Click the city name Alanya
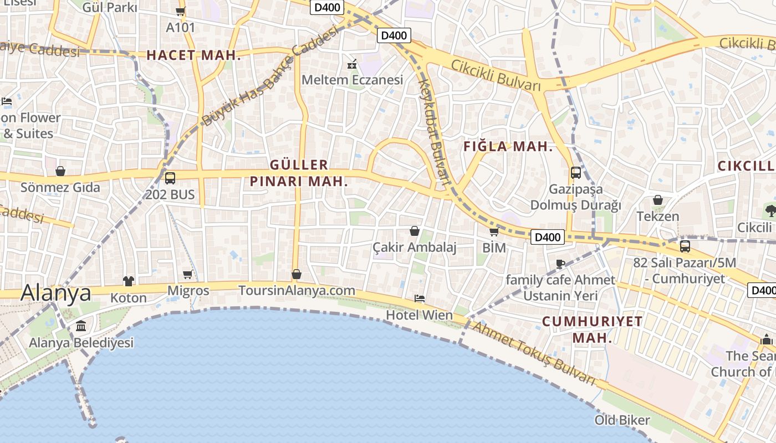click(x=56, y=292)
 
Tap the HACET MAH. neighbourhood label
click(x=194, y=55)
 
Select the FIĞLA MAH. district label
click(x=508, y=147)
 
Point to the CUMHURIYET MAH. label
click(x=592, y=329)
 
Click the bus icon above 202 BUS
click(x=170, y=178)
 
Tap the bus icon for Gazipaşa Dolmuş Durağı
click(x=576, y=173)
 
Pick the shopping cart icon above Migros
click(x=188, y=274)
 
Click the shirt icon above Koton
click(x=129, y=281)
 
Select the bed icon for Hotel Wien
click(x=420, y=298)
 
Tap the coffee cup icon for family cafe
click(x=560, y=264)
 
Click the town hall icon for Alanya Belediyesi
click(x=81, y=326)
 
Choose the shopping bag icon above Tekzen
click(x=658, y=200)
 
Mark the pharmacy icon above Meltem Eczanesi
click(x=352, y=64)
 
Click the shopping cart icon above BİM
click(x=494, y=231)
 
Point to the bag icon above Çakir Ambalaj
click(x=414, y=231)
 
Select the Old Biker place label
click(x=622, y=420)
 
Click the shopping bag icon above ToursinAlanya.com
click(x=297, y=274)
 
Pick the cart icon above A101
click(x=180, y=11)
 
